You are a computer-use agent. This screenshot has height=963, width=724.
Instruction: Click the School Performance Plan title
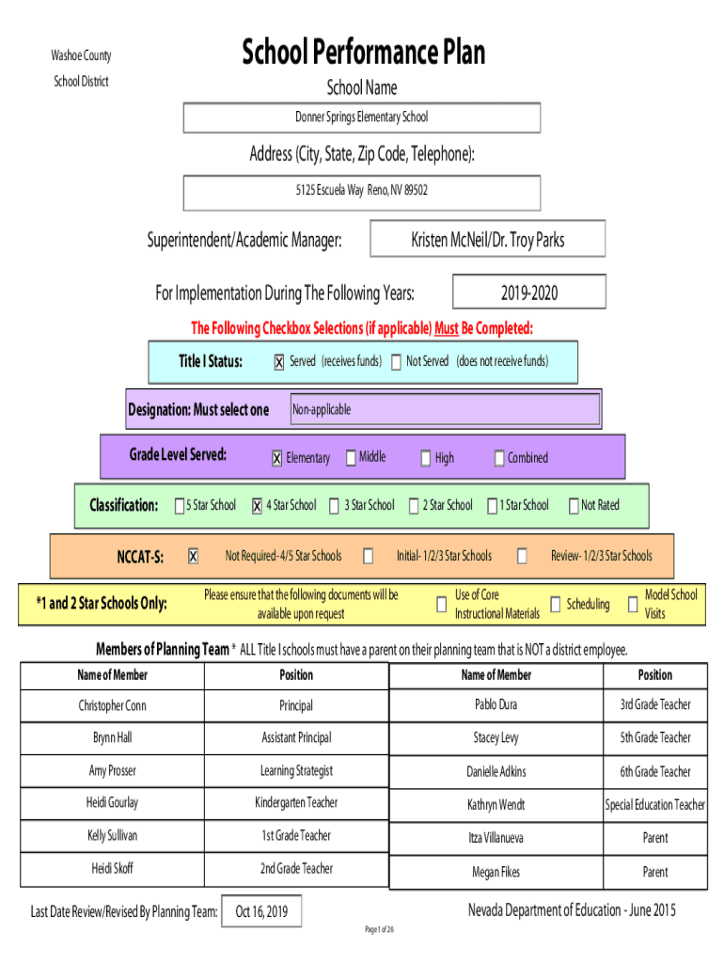[363, 52]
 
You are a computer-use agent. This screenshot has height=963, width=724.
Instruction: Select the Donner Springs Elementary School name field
[362, 118]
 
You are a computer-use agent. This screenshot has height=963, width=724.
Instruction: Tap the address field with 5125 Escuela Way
[362, 193]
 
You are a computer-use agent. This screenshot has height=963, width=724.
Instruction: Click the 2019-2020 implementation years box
[529, 292]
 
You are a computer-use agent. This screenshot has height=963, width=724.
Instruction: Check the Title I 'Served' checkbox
[279, 362]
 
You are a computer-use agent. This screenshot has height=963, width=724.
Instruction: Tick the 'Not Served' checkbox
[397, 362]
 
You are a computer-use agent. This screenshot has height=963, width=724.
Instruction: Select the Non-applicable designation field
[445, 409]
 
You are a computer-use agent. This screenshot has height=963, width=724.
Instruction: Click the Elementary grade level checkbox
[277, 458]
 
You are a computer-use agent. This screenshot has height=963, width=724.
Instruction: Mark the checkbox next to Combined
[499, 458]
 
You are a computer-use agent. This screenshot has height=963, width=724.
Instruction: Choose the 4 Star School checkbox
[258, 505]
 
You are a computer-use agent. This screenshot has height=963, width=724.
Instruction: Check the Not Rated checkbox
[574, 505]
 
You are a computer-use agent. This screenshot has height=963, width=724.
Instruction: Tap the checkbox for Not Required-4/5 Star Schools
[193, 556]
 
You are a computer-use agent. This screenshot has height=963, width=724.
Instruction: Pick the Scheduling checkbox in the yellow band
[555, 605]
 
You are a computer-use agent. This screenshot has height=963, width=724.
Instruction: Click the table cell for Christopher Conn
[113, 705]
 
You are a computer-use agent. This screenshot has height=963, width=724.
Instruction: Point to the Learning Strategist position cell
[296, 771]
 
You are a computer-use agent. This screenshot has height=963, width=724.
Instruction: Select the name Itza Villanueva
[496, 838]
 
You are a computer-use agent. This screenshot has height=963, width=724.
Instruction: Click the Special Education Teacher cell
[655, 805]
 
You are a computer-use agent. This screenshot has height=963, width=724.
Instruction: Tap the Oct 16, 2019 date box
[261, 911]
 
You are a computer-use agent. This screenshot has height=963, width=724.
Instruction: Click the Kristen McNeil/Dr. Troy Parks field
[488, 239]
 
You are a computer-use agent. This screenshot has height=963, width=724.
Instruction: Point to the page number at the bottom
[380, 929]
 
